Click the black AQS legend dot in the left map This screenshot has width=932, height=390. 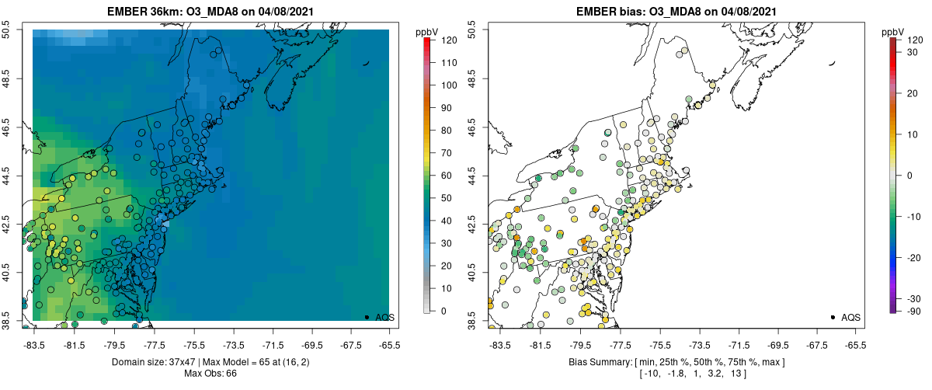coord(367,317)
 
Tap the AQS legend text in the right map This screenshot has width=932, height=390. coord(851,318)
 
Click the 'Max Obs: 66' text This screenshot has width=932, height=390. coord(210,374)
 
